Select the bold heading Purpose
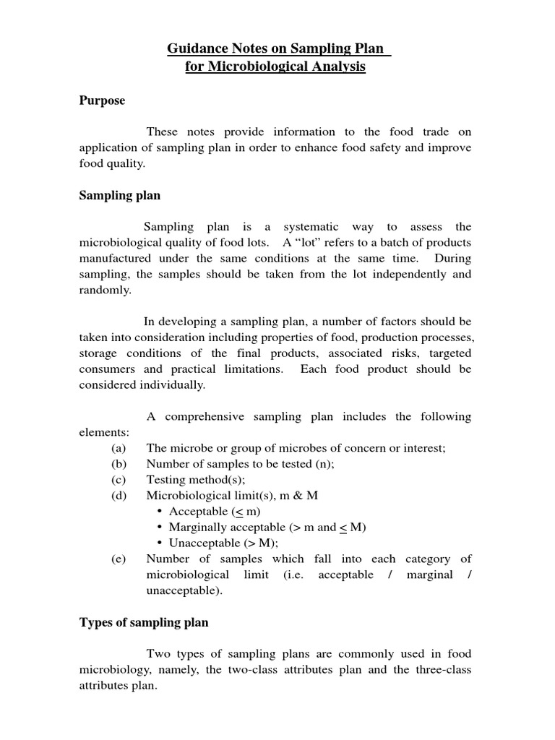pyautogui.click(x=102, y=100)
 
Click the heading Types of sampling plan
pyautogui.click(x=143, y=623)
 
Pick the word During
pyautogui.click(x=453, y=258)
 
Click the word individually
pyautogui.click(x=173, y=384)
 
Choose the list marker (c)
pyautogui.click(x=119, y=480)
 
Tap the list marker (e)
pyautogui.click(x=119, y=559)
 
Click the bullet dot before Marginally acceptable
pyautogui.click(x=158, y=528)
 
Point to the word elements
pyautogui.click(x=103, y=432)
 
